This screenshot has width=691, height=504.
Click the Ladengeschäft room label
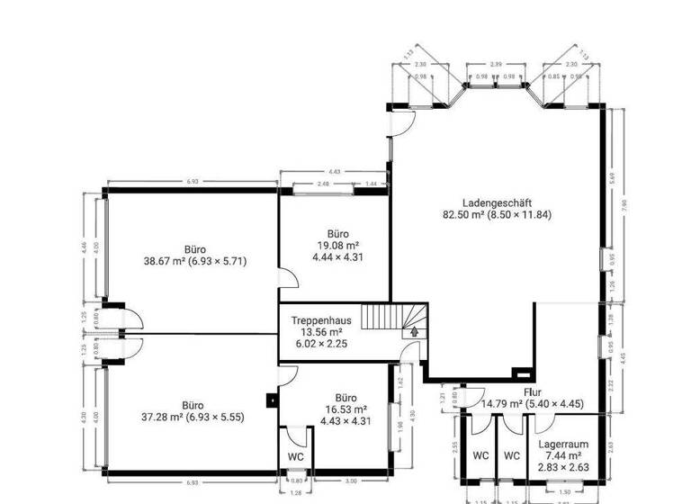(x=496, y=202)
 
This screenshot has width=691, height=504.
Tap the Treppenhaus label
(x=319, y=319)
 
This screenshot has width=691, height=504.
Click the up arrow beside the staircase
(x=415, y=331)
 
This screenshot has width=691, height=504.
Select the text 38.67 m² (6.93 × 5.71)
(x=194, y=262)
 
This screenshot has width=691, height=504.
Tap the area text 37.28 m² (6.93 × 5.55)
(x=193, y=417)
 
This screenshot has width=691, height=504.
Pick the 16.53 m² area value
(x=345, y=409)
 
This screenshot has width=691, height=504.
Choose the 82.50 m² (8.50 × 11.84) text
(x=496, y=214)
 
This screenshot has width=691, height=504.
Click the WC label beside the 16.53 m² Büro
(x=296, y=456)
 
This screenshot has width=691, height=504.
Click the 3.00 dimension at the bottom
(x=351, y=482)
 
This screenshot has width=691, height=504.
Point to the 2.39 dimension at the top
(x=495, y=66)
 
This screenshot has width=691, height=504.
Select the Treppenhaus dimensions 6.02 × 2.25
(x=319, y=343)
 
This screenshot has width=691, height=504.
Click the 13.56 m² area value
(x=319, y=331)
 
